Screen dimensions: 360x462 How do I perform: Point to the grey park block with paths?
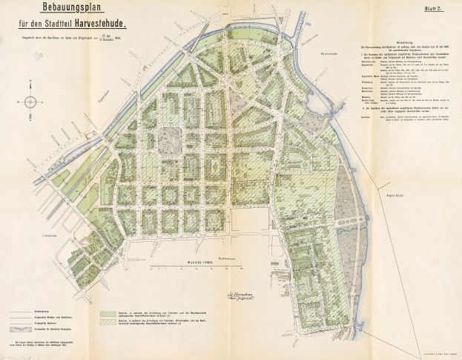(171, 139)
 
